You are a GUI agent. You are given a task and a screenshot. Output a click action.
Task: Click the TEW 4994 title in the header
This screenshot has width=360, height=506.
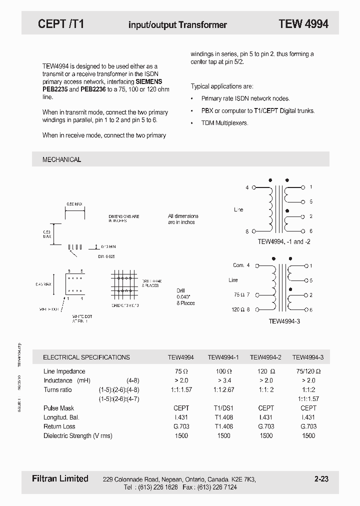pyautogui.click(x=303, y=24)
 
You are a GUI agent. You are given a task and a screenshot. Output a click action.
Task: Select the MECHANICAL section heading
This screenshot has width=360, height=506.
pyautogui.click(x=61, y=159)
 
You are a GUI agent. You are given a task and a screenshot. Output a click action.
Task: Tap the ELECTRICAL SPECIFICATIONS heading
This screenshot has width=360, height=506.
pyautogui.click(x=86, y=357)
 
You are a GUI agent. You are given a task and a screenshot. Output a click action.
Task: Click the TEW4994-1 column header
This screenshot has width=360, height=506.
pyautogui.click(x=223, y=357)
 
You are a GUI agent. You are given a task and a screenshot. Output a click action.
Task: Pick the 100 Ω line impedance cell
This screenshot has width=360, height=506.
pyautogui.click(x=223, y=371)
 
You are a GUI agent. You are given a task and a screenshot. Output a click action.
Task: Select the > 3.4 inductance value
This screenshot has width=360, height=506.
pyautogui.click(x=223, y=380)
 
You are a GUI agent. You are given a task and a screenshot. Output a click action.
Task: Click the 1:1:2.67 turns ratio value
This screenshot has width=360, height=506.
pyautogui.click(x=223, y=389)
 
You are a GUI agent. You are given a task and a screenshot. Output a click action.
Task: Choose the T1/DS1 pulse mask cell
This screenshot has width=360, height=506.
pyautogui.click(x=223, y=408)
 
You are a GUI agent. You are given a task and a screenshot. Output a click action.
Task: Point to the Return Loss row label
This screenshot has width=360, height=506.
pyautogui.click(x=59, y=426)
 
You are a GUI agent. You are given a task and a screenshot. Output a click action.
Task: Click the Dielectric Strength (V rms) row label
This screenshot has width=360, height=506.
pyautogui.click(x=78, y=435)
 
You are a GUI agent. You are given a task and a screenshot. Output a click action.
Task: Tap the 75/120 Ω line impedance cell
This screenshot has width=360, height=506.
pyautogui.click(x=308, y=371)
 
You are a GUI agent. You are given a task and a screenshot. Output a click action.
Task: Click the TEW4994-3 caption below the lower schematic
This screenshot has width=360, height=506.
pyautogui.click(x=283, y=322)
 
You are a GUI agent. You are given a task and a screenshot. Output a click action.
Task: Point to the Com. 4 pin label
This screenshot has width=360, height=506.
pyautogui.click(x=241, y=265)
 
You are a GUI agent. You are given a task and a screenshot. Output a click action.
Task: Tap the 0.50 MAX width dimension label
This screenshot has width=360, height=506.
pyautogui.click(x=74, y=204)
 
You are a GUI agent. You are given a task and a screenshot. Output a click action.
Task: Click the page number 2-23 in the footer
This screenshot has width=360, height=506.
pyautogui.click(x=321, y=479)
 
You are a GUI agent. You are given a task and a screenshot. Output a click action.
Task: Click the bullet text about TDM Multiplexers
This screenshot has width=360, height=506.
pyautogui.click(x=224, y=123)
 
